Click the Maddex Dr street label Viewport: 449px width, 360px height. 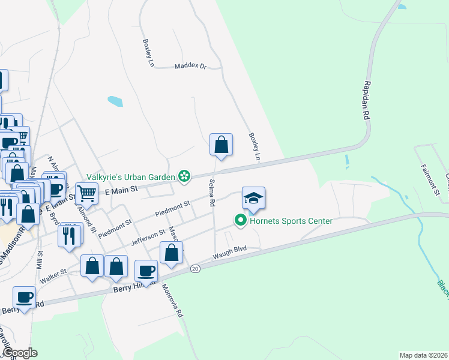pos(190,67)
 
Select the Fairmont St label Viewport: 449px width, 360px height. pos(430,179)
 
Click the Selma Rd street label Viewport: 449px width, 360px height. pos(212,193)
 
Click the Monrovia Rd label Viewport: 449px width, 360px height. pos(172,300)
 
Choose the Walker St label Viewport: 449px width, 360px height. pos(53,277)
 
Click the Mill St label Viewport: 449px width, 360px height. pos(40,261)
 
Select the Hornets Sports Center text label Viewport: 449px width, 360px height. pos(291,221)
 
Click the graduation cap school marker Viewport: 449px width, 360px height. pos(253,198)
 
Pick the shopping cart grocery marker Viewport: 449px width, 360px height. pos(86,193)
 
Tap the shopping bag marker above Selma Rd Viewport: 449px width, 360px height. pos(221,144)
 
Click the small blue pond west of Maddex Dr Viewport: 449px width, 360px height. pos(115,101)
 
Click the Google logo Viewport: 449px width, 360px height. pos(19,353)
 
